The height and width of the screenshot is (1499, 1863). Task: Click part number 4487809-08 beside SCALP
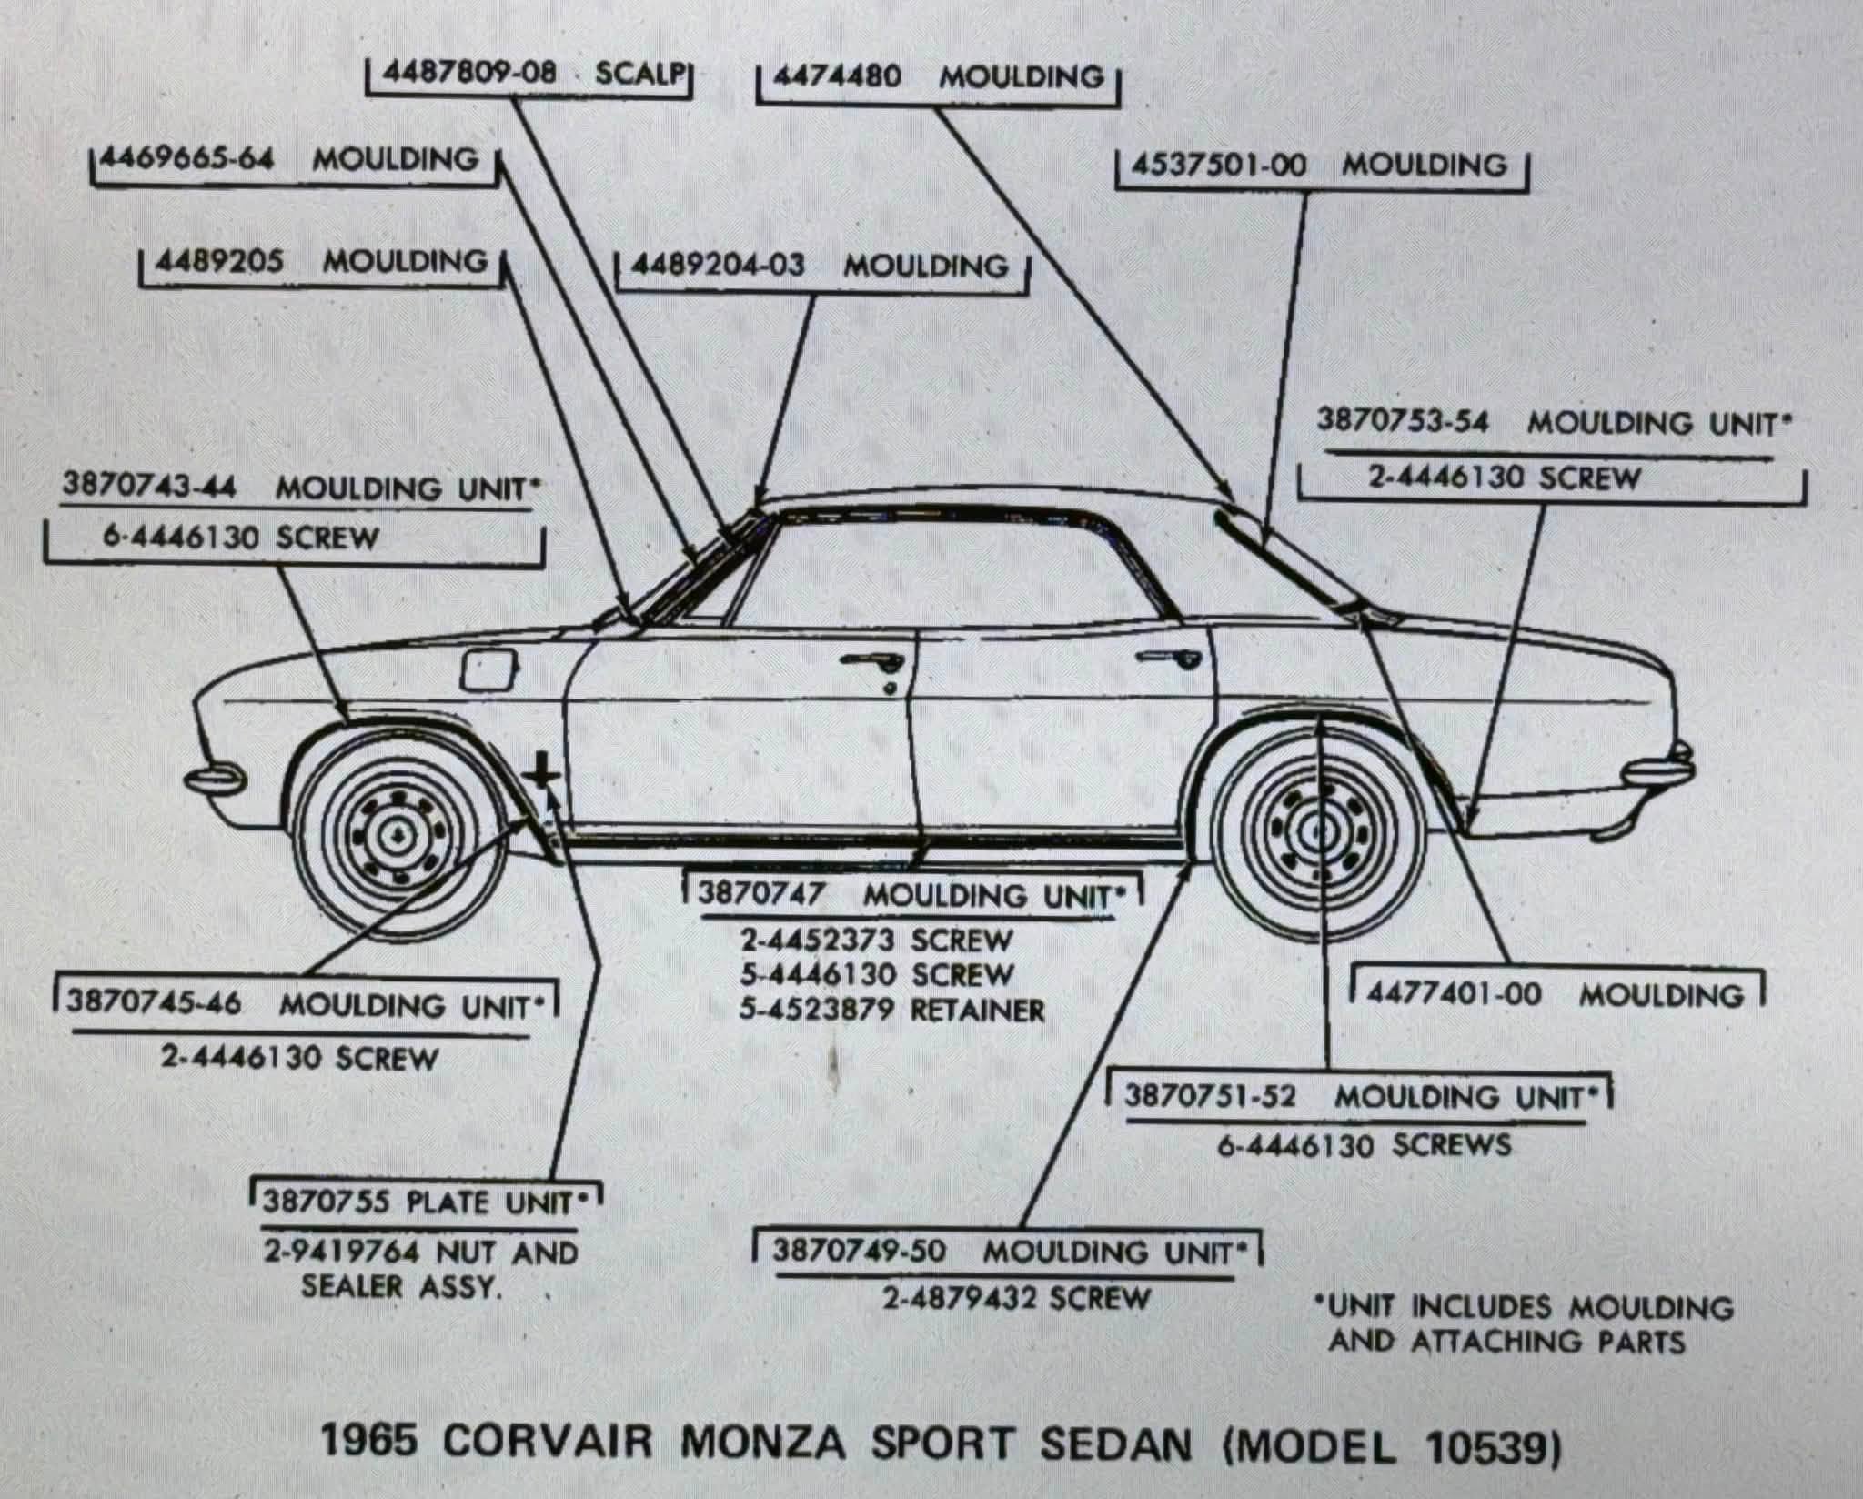point(468,73)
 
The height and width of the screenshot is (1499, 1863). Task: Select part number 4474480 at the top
point(837,76)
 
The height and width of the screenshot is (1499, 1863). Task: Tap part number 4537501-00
point(1219,165)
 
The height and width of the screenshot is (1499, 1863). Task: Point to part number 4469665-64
point(186,158)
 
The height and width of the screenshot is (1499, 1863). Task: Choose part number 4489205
point(219,262)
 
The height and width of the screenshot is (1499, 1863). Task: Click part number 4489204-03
point(718,265)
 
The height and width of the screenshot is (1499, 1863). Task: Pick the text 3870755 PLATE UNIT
point(418,1202)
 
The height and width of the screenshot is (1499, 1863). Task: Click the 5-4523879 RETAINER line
point(892,1010)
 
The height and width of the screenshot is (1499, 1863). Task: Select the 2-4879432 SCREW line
point(1017,1298)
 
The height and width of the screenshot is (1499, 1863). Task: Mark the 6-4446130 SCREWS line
point(1365,1144)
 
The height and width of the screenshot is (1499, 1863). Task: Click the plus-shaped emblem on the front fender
point(542,772)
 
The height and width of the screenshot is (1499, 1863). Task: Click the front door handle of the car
point(871,661)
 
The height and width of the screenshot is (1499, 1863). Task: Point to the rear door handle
point(1168,658)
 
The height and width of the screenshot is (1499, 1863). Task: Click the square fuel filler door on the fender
point(489,670)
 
